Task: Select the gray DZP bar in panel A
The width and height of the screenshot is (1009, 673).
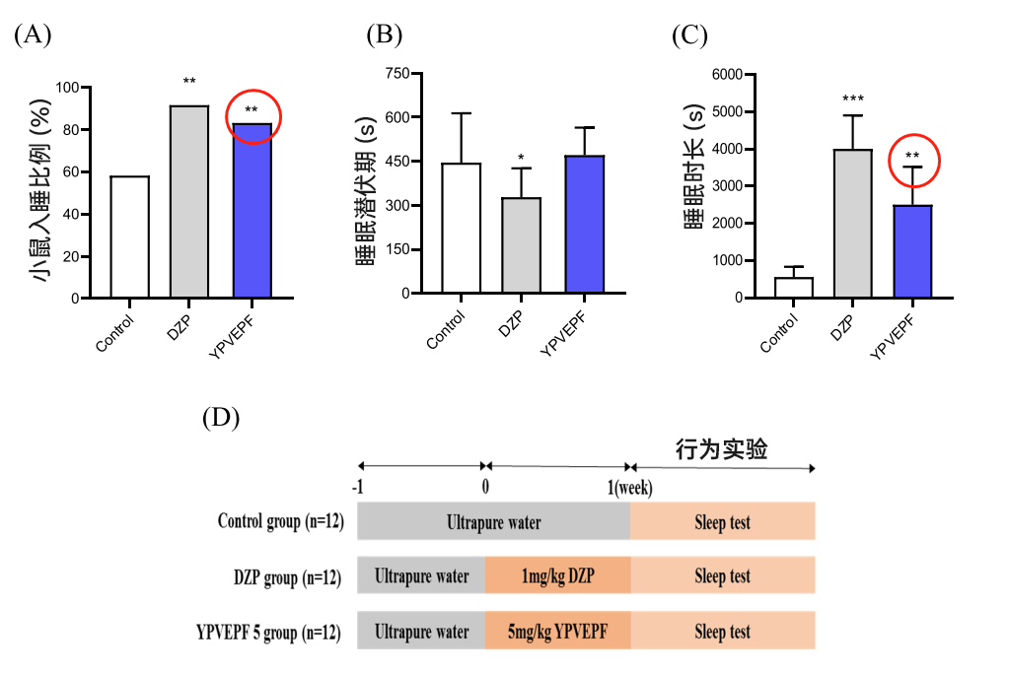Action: [189, 201]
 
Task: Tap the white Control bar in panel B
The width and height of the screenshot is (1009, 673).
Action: [461, 228]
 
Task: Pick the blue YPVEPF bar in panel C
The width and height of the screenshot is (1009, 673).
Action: [913, 251]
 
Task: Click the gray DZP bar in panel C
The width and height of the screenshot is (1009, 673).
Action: [853, 224]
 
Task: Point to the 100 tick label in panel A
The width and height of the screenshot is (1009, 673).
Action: [66, 88]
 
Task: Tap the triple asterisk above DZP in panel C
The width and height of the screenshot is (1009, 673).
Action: [853, 100]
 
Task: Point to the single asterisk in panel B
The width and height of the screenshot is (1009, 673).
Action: [521, 158]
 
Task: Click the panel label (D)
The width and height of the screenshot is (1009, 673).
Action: [221, 418]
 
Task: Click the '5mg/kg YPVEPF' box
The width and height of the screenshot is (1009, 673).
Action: [557, 632]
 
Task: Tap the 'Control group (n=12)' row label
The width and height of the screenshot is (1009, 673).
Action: [280, 521]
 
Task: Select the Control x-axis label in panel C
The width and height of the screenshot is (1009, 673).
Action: [781, 333]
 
